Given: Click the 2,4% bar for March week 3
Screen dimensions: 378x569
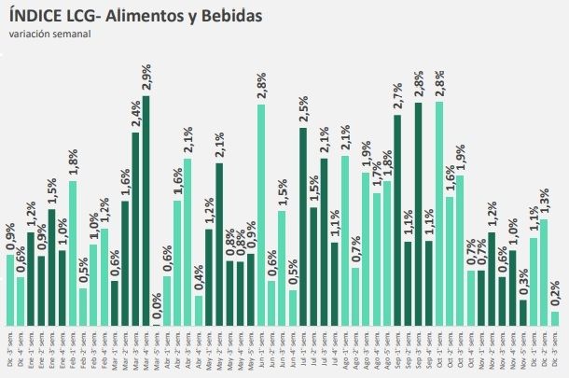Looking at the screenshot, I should point(136,229).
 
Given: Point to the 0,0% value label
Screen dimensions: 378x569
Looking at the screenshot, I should point(157,308).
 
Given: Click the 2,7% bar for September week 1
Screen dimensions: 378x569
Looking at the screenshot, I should point(398,219).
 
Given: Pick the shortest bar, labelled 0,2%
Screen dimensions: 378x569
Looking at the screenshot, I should point(555,318).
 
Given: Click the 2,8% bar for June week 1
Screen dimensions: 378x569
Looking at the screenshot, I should point(262,214).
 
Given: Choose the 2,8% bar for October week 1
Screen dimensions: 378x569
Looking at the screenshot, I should point(439,214).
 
